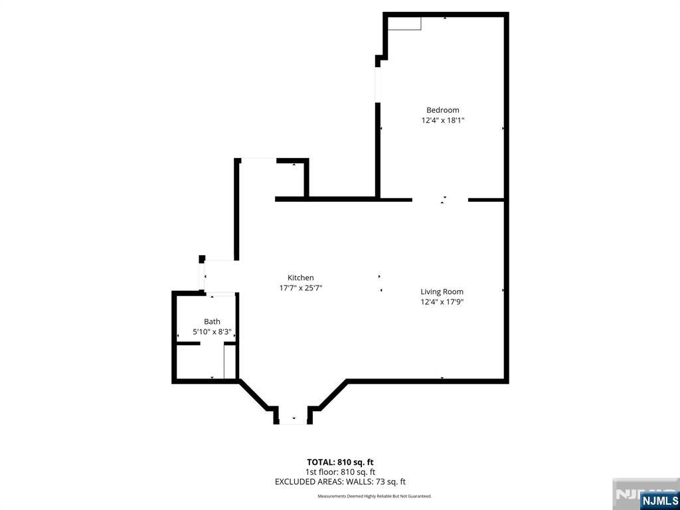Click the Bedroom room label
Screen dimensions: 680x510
pos(442,110)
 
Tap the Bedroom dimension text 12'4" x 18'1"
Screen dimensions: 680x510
pos(443,121)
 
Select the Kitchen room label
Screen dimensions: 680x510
pos(301,278)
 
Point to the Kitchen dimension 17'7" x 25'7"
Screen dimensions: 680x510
pos(301,288)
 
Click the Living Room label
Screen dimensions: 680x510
pos(442,292)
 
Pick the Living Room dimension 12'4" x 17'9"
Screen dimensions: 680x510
pos(442,302)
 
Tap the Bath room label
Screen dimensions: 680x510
pos(212,321)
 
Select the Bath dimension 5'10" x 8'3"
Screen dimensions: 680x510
pos(212,332)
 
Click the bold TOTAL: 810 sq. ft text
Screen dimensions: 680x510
pos(340,462)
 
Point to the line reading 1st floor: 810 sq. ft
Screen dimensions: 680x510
pos(340,472)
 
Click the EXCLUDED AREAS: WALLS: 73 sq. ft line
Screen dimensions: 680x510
pos(340,482)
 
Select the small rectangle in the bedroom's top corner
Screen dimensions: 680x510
pos(404,24)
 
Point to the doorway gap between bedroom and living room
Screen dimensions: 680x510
pos(440,200)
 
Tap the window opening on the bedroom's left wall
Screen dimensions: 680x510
pos(378,84)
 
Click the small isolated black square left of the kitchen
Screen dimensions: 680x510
pos(202,259)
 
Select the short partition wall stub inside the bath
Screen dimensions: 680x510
pos(188,343)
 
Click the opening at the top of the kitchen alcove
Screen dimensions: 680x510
pos(258,161)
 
